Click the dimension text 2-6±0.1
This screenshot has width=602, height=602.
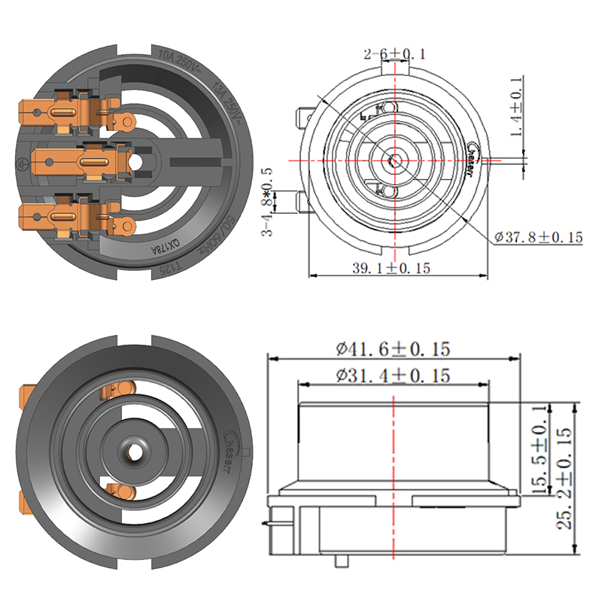click(x=394, y=53)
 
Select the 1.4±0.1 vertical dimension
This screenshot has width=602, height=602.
click(x=517, y=106)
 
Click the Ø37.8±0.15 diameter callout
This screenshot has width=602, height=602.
click(x=539, y=237)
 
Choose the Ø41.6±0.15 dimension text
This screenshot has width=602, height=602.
click(x=393, y=349)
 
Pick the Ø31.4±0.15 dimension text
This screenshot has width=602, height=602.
click(x=393, y=375)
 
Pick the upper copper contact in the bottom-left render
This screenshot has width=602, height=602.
click(x=117, y=391)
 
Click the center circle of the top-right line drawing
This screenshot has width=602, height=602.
click(x=393, y=160)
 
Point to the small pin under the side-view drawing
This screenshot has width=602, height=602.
click(x=345, y=561)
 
